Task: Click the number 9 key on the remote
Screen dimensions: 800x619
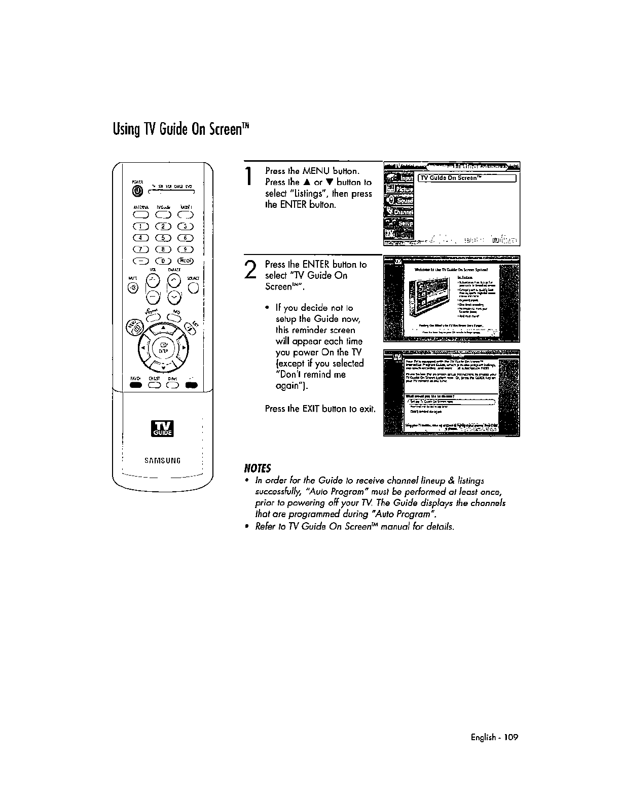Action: tap(187, 249)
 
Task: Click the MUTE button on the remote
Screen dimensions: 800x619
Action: tap(133, 288)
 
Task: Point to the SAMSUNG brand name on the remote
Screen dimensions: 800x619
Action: tap(163, 460)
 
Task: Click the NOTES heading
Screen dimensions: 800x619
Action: tap(259, 467)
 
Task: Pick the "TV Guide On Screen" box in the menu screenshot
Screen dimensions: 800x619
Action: tap(466, 178)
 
